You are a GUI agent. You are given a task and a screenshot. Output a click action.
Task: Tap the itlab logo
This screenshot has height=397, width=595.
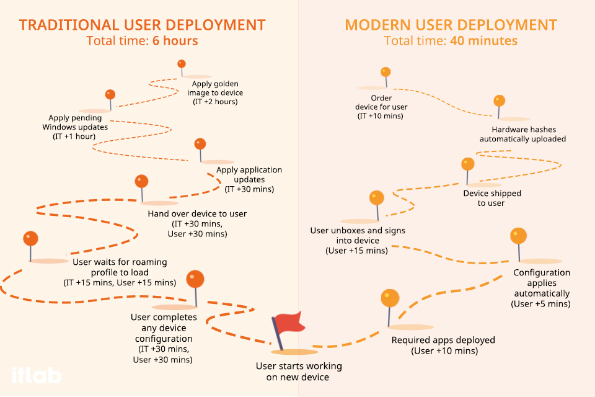(x=36, y=375)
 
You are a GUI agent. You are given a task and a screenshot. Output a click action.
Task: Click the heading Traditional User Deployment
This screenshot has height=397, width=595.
(x=142, y=25)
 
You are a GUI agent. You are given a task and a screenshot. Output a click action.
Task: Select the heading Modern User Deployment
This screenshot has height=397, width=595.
(x=451, y=25)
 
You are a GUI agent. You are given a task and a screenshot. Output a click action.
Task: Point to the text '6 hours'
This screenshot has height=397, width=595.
(x=175, y=42)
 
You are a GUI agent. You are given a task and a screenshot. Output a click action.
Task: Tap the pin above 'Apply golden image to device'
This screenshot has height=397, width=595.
(x=182, y=64)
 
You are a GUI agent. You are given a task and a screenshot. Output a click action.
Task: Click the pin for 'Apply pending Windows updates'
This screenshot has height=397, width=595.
(x=110, y=94)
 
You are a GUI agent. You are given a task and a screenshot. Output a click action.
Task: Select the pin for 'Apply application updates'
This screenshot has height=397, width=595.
(x=200, y=144)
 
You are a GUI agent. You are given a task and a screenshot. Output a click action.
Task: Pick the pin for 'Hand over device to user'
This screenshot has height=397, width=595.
(x=142, y=181)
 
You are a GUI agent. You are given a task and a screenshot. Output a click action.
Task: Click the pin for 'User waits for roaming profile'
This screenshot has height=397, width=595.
(x=30, y=239)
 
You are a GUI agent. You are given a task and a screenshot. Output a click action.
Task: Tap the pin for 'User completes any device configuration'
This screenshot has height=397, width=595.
(x=195, y=279)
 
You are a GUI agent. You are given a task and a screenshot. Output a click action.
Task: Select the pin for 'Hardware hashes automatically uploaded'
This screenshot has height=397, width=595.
(x=499, y=100)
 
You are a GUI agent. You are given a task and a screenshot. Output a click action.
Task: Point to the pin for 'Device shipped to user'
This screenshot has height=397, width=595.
(x=468, y=164)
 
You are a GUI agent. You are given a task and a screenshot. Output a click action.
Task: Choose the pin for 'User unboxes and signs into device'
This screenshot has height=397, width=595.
(x=376, y=198)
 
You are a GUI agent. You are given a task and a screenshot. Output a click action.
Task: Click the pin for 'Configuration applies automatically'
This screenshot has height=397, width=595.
(x=518, y=236)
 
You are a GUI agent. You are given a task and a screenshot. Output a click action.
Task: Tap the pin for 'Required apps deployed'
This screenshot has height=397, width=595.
(x=390, y=298)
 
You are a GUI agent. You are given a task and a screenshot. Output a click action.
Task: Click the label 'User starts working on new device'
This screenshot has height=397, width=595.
(x=290, y=371)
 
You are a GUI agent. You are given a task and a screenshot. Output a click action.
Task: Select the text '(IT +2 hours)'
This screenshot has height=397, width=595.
(x=215, y=102)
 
